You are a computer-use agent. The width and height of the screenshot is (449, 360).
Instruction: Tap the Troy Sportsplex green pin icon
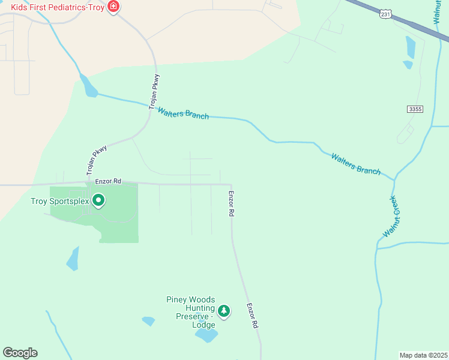point(98,201)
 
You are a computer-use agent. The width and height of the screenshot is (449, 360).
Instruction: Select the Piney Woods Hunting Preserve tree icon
point(224,311)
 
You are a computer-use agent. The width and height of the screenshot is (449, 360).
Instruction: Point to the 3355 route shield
point(414,109)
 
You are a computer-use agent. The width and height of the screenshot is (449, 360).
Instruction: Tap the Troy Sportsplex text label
point(60,201)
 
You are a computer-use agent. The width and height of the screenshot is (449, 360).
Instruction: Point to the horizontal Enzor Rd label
point(108,180)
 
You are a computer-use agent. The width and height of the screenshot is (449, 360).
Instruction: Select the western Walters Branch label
point(183,113)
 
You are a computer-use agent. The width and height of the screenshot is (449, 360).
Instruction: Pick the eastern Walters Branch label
point(356,163)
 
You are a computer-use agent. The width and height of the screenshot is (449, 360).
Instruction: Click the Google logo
point(20,353)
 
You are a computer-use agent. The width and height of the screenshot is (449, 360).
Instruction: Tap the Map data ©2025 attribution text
point(423,355)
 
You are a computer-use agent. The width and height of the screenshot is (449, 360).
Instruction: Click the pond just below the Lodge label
point(206,335)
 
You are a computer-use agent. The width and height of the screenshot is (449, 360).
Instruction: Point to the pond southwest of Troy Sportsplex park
point(73,259)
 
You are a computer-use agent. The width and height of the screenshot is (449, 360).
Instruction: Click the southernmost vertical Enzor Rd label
point(252,315)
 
